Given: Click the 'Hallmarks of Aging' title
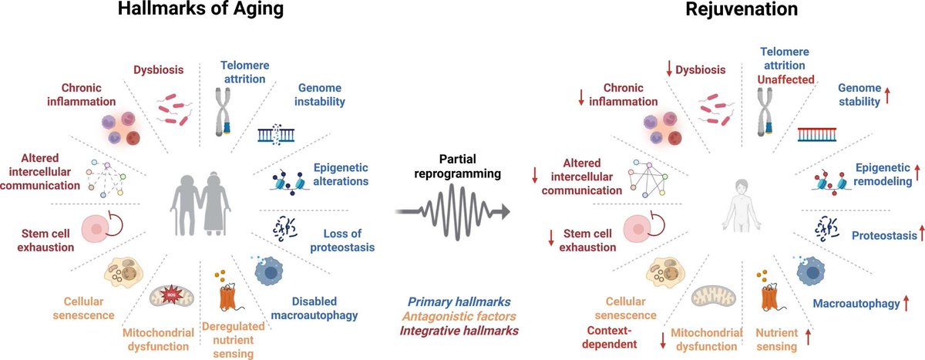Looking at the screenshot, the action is [200, 8].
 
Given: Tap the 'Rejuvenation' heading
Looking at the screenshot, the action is [742, 8].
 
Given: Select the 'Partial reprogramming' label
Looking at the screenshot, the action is [458, 166].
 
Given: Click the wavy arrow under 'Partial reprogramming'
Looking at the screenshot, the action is [452, 212].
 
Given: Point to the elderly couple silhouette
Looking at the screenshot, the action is [200, 204].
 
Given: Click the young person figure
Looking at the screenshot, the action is [742, 205].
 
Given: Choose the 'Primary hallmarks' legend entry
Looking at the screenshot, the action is [459, 301].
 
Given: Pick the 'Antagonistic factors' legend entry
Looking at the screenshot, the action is [459, 316].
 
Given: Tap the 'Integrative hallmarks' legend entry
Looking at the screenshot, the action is [459, 331].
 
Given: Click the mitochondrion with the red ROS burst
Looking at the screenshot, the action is [171, 297].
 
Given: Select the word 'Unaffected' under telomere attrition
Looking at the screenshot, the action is [785, 79].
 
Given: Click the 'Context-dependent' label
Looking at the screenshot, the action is [610, 338].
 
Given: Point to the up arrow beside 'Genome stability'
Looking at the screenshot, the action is [887, 95].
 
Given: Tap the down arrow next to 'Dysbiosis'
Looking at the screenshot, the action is [669, 69].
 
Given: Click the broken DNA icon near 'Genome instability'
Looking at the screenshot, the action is [276, 134].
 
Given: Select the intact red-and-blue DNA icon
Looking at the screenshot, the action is [817, 135].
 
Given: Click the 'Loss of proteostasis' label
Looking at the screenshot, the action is [342, 241].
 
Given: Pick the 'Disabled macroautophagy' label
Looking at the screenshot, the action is [314, 308].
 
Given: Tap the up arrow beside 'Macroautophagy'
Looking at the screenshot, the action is [906, 303].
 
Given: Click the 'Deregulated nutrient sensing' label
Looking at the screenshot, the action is [234, 340].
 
